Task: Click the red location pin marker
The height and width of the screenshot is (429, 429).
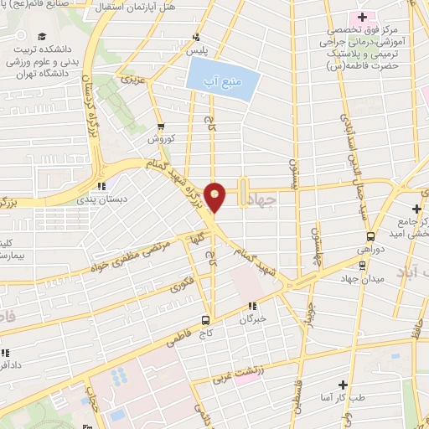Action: [x=216, y=197]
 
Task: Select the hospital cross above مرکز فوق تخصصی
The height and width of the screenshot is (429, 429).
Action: [x=362, y=17]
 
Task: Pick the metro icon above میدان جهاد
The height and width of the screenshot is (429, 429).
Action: [x=362, y=266]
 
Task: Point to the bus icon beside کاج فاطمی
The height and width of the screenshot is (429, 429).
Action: [x=206, y=319]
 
